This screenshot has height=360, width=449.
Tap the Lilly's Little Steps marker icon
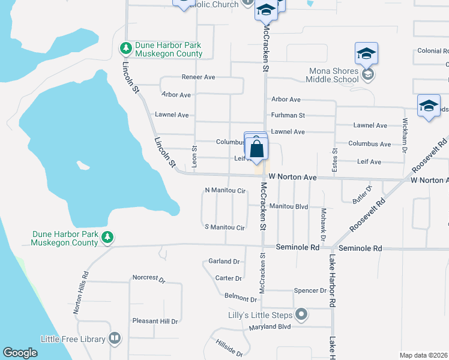click(x=302, y=314)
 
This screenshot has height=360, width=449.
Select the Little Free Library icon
click(x=115, y=339)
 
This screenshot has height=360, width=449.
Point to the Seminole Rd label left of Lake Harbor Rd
click(x=298, y=247)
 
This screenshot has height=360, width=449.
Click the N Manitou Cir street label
click(x=225, y=191)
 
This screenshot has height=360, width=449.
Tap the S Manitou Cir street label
click(x=224, y=227)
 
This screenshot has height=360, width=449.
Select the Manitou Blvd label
click(x=288, y=206)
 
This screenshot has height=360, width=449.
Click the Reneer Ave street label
click(x=198, y=77)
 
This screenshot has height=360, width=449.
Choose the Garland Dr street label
click(x=223, y=262)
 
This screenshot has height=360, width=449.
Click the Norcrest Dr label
click(x=148, y=278)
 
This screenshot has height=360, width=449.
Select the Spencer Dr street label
click(x=310, y=290)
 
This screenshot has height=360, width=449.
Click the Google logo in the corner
click(x=20, y=353)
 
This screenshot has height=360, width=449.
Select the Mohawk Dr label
click(x=322, y=226)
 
